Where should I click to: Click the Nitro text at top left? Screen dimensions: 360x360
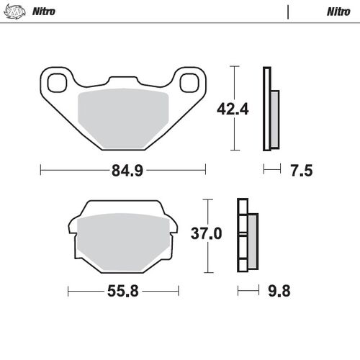tap(44, 12)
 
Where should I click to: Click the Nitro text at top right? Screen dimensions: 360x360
tap(338, 12)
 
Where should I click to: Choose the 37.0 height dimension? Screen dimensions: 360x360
tap(206, 235)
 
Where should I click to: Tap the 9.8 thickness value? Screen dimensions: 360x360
tap(282, 292)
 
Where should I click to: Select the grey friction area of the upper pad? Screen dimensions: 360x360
tap(122, 115)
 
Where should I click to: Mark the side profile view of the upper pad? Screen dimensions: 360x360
tap(271, 109)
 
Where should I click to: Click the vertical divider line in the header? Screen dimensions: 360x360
tap(288, 12)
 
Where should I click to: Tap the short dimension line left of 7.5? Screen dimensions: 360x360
tap(271, 170)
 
